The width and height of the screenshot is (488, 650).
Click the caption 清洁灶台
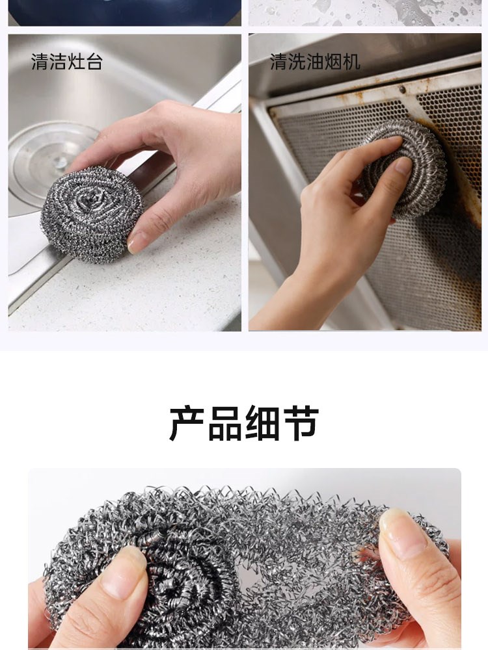coord(67,62)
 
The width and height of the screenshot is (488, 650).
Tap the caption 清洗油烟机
coord(315,62)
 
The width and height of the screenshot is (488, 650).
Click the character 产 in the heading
coord(187,423)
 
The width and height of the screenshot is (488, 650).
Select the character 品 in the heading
coord(225,423)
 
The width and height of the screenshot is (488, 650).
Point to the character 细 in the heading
coord(263,423)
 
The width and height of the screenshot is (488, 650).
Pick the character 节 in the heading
coord(301,423)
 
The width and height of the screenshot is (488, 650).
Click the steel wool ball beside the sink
coord(91,214)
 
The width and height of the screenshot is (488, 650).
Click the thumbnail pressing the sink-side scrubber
coord(137,242)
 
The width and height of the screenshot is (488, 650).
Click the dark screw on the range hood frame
coord(402,89)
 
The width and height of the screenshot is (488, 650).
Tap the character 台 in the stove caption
coord(94,62)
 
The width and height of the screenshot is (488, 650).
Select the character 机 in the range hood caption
coord(351,62)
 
